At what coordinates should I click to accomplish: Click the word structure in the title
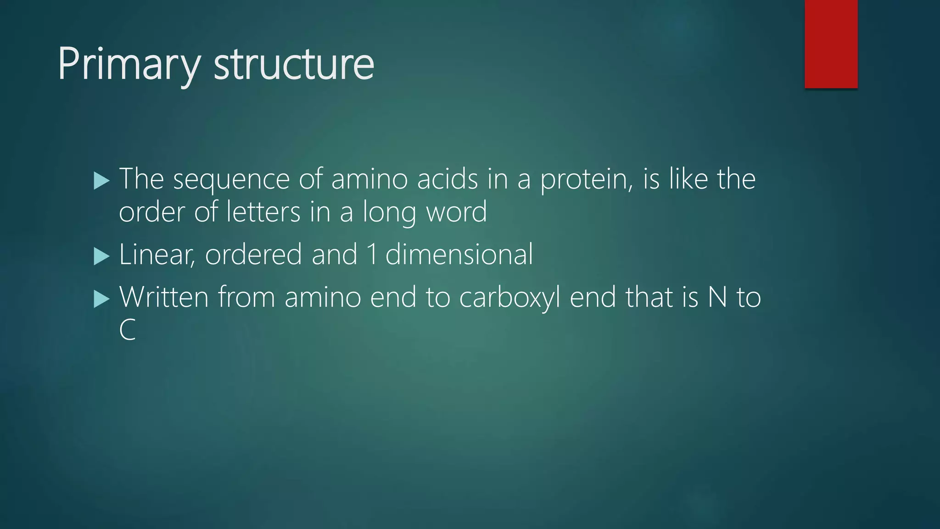[294, 64]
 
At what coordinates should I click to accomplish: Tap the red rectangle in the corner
[831, 44]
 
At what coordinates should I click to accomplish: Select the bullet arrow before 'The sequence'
[101, 180]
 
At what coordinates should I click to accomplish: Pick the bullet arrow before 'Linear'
[101, 256]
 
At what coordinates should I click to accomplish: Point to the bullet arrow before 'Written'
[101, 299]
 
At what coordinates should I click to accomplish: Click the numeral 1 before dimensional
[372, 254]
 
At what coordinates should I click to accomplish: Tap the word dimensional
[459, 254]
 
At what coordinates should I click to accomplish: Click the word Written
[164, 297]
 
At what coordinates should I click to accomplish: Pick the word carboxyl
[509, 298]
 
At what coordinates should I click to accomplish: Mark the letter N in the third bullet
[717, 297]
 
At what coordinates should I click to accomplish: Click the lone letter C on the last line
[127, 330]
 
